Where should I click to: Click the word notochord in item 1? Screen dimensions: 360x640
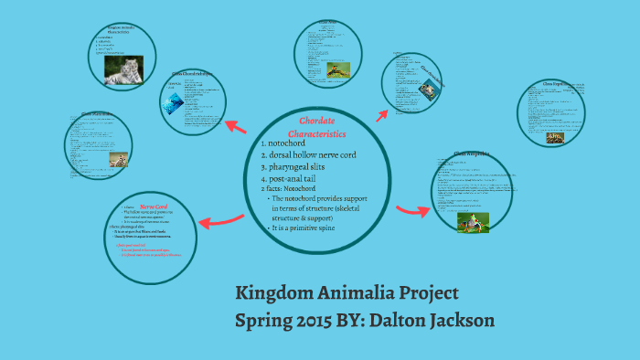pyautogui.click(x=292, y=143)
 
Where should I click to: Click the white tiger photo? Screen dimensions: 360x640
pyautogui.click(x=123, y=72)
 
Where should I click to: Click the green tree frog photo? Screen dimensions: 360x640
pyautogui.click(x=473, y=222)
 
